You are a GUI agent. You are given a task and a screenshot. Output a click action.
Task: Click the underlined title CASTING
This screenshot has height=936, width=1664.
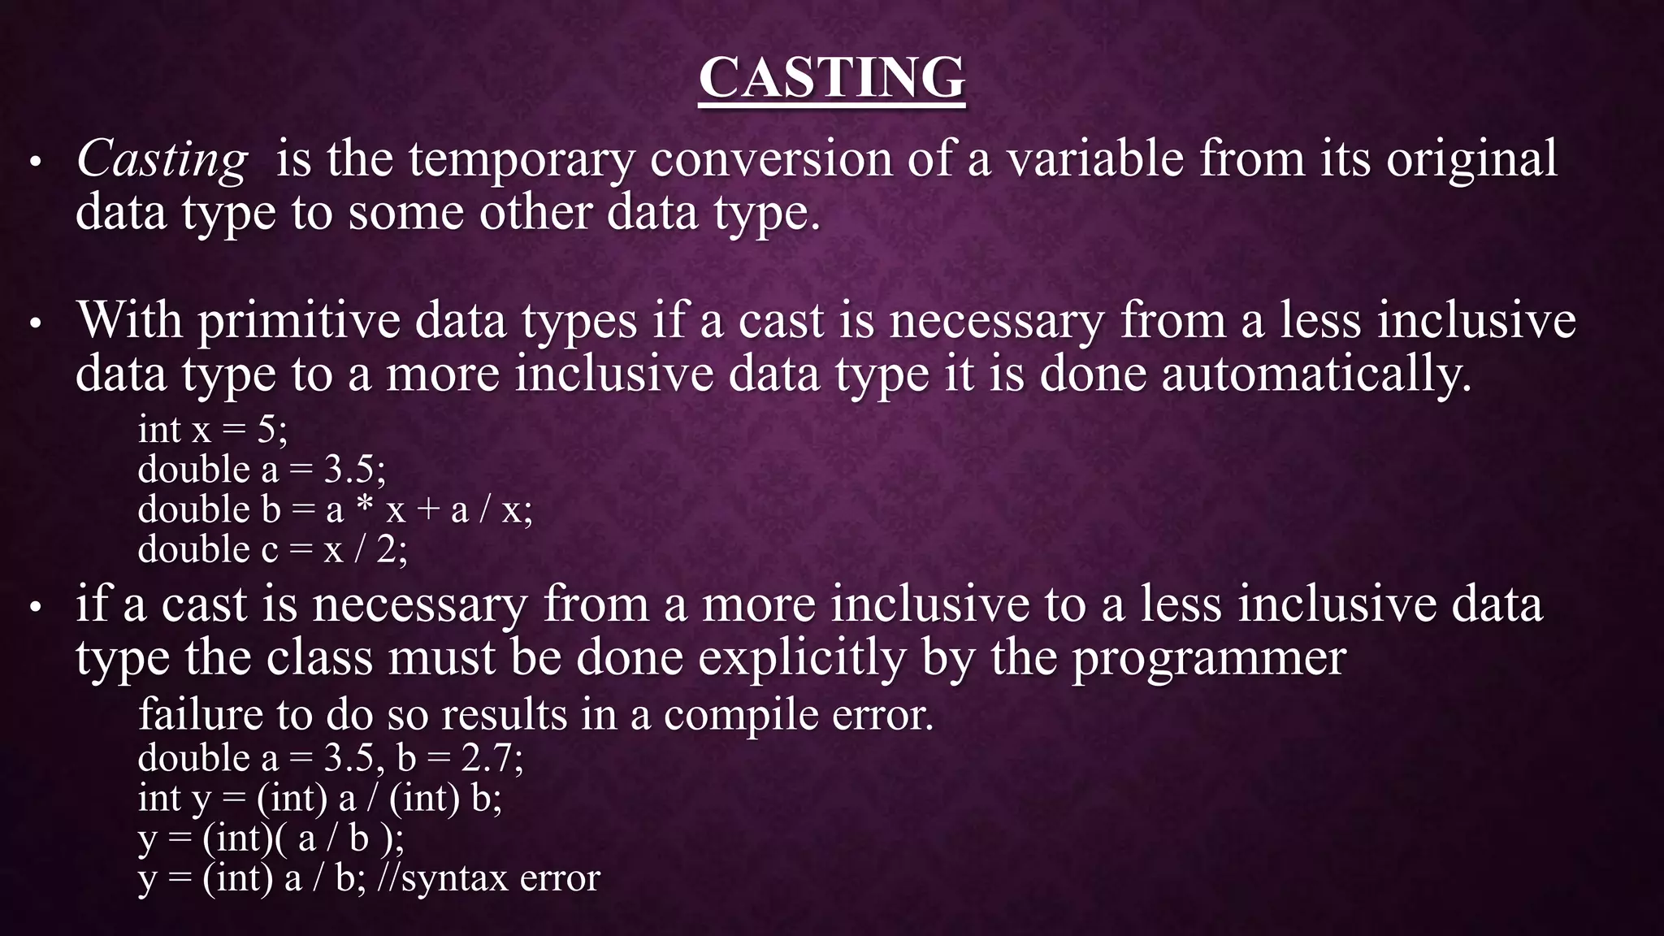tap(831, 78)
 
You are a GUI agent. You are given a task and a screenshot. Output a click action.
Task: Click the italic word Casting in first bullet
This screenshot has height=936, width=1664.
tap(162, 159)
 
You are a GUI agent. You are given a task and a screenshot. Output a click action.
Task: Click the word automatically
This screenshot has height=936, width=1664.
tap(1316, 375)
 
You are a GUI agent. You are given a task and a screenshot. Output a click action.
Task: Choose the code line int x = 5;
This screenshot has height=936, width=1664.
tap(213, 430)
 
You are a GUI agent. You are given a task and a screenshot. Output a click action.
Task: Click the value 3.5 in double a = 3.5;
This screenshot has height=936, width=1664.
tap(349, 470)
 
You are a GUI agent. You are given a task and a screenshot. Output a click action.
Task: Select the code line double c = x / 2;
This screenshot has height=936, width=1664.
tap(272, 550)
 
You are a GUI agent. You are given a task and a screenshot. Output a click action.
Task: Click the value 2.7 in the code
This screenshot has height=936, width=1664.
tap(487, 758)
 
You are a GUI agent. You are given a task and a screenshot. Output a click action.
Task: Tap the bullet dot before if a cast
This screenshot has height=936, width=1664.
tap(35, 609)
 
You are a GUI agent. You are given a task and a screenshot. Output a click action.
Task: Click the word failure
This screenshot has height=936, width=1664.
tap(200, 715)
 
